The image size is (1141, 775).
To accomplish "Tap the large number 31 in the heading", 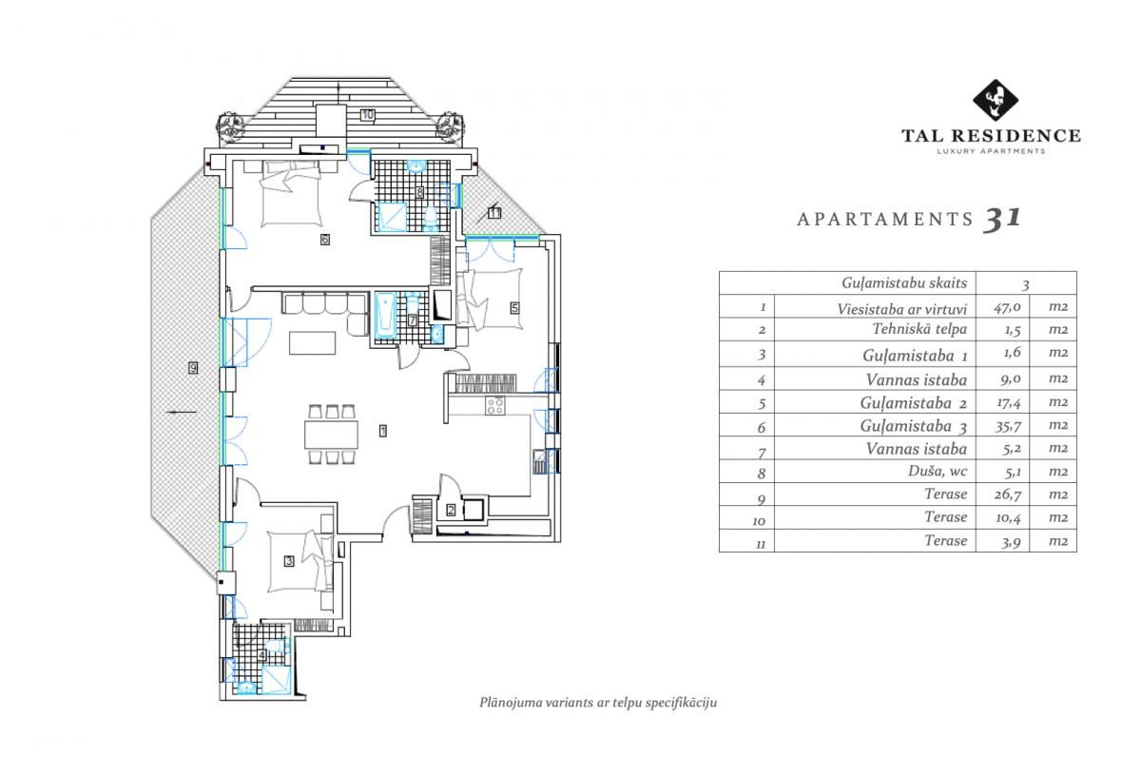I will [1002, 219].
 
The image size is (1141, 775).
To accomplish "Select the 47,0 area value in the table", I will [1002, 307].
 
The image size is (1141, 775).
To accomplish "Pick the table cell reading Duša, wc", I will [936, 471].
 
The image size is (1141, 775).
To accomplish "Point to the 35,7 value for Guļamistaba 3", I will [1002, 425].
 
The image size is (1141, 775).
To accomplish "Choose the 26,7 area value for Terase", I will [1002, 494].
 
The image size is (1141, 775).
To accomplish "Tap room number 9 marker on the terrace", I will [193, 368].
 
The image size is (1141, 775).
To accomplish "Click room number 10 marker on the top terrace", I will [368, 115].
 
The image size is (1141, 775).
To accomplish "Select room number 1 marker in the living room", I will [382, 431].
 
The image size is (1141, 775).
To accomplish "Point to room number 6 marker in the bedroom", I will [324, 240].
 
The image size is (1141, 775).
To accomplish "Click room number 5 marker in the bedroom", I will [514, 307].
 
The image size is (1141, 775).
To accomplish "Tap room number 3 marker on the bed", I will [289, 561].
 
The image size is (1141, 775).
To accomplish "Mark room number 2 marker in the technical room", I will [451, 510].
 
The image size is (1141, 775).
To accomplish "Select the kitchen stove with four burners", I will [495, 406].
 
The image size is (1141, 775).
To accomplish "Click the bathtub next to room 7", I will [385, 316].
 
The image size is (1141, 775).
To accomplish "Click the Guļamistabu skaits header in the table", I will [904, 283].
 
